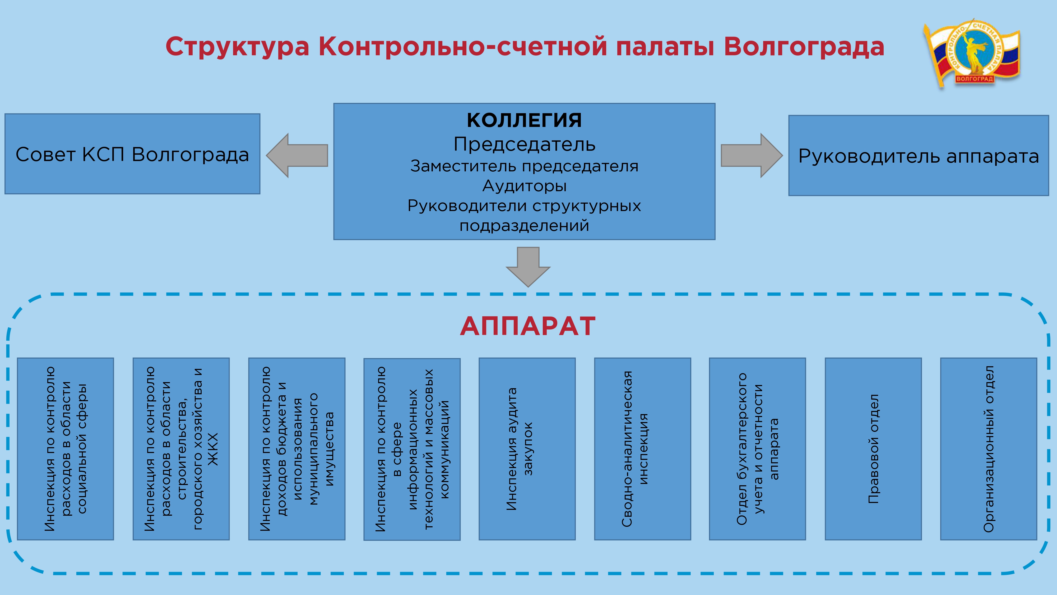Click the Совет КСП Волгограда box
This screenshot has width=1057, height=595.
[132, 154]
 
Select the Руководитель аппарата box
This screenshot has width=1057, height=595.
[918, 156]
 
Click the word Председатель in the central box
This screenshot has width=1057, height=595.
[524, 144]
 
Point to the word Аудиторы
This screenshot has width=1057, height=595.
[524, 186]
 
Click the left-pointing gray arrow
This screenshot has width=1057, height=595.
[297, 155]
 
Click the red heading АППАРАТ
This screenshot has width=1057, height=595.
[528, 326]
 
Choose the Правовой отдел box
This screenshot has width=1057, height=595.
[873, 449]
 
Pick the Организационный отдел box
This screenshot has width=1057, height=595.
[989, 449]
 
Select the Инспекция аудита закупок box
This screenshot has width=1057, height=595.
[527, 449]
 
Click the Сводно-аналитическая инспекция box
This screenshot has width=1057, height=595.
[643, 449]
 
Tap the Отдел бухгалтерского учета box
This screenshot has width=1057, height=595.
[757, 449]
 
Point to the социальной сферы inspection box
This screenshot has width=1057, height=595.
[65, 449]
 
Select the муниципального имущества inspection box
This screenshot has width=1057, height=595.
[297, 449]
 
